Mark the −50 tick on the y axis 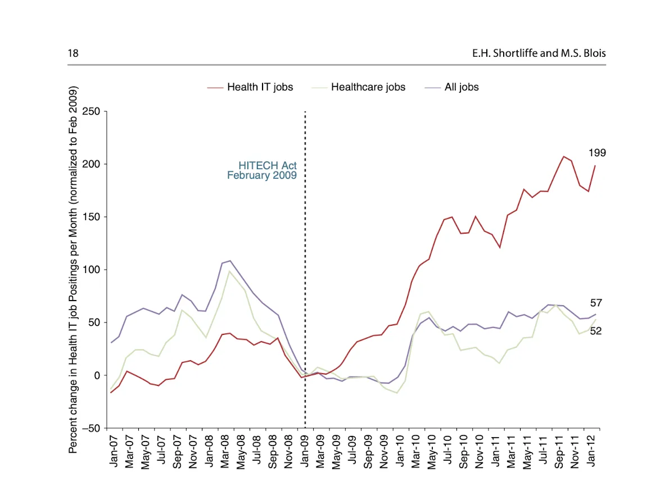(90, 428)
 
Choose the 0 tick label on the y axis (97, 375)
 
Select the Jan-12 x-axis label (592, 451)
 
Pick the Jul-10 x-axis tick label (449, 451)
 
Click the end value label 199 (597, 153)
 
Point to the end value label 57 (595, 303)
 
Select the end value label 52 (595, 331)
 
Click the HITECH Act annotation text (268, 166)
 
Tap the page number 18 (73, 53)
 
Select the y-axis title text (73, 270)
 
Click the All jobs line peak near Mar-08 (230, 261)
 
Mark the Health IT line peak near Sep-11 (563, 156)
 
